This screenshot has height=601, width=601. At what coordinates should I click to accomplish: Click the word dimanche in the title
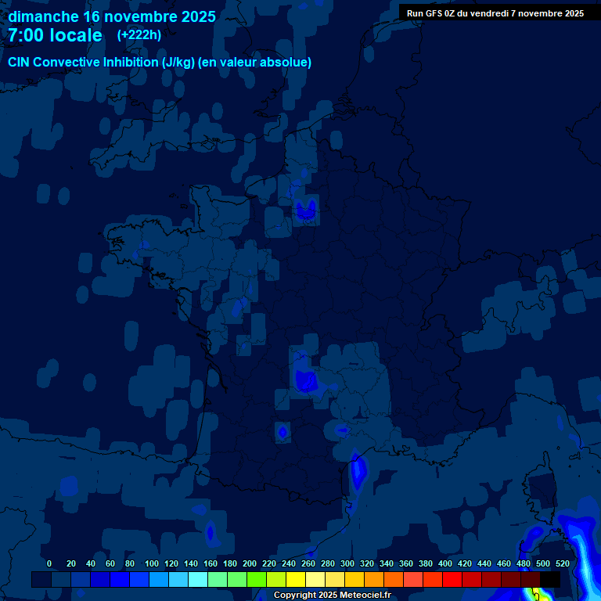tap(42, 16)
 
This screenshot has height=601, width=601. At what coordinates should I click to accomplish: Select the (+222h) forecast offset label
tap(139, 34)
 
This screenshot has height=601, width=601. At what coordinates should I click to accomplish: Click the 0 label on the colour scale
tap(49, 563)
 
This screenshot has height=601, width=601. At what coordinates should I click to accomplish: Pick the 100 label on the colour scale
tap(151, 563)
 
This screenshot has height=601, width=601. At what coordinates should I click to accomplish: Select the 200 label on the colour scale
tap(250, 563)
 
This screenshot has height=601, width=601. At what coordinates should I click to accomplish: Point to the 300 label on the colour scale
tap(347, 563)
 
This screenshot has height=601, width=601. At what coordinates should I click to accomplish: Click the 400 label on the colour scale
tap(445, 563)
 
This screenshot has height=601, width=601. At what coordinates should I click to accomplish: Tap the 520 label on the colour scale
tap(563, 563)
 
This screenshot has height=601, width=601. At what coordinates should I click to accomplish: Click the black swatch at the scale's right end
tap(550, 579)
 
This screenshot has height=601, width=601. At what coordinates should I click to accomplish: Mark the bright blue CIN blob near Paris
tap(305, 209)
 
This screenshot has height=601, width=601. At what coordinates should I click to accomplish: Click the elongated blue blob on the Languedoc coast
tap(358, 472)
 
